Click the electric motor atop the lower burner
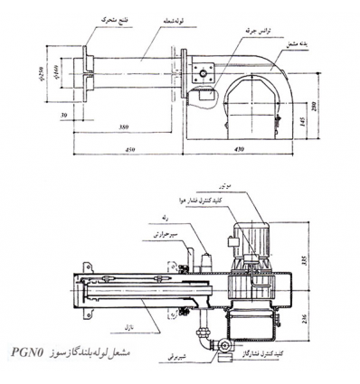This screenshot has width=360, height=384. (247, 237)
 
